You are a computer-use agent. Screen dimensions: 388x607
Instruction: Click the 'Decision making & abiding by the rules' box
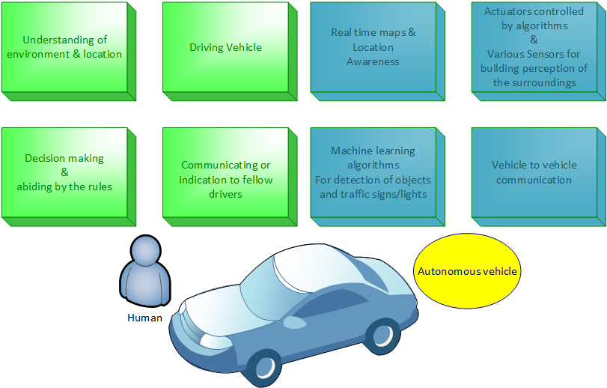[x=64, y=174]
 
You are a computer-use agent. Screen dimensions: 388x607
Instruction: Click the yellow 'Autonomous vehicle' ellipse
[x=467, y=271]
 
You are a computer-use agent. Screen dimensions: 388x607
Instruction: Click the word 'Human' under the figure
[x=144, y=318]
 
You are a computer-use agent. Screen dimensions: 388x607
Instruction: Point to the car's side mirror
[x=291, y=321]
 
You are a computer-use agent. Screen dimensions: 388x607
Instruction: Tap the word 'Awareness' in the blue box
[x=373, y=61]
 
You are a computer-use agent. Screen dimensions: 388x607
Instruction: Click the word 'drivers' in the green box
[x=226, y=193]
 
